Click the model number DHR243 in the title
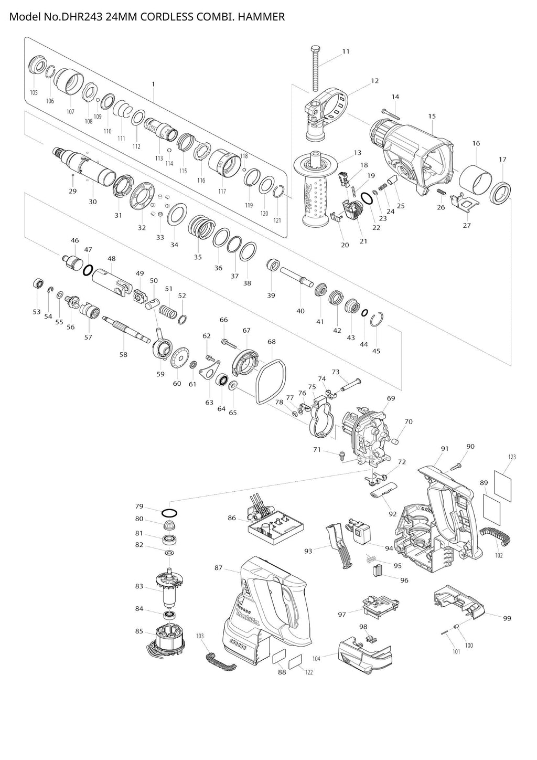pos(82,17)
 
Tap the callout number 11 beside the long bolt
pos(346,51)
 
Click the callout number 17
pos(502,159)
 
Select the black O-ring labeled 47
pos(89,270)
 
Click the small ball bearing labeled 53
pos(37,283)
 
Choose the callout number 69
pos(391,398)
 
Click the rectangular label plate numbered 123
pos(503,479)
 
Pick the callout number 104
pos(316,656)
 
